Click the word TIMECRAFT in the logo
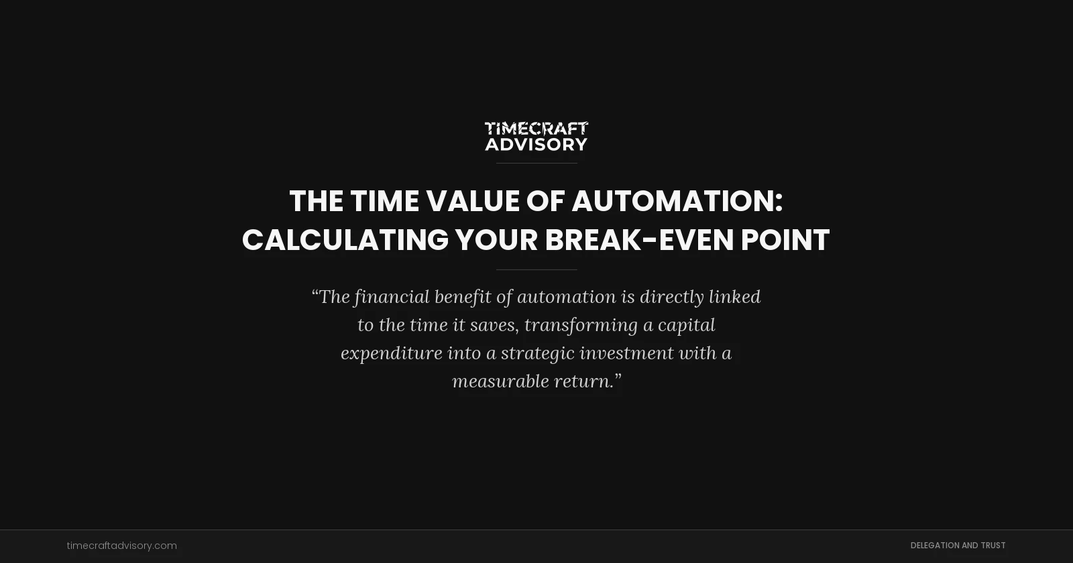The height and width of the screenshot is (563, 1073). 536,128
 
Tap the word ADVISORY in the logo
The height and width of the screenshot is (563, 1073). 536,144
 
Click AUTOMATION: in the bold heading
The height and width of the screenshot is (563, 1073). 677,201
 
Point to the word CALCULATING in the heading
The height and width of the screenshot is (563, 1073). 345,240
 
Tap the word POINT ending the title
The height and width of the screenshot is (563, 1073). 785,240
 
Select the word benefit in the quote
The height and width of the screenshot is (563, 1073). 462,297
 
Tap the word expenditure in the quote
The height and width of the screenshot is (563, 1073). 391,353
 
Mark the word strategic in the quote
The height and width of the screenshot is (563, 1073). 537,353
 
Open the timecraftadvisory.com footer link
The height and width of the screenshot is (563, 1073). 121,546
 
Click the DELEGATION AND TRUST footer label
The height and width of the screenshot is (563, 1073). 958,546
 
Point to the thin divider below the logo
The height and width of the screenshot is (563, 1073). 536,163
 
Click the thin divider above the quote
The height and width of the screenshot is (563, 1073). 536,269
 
